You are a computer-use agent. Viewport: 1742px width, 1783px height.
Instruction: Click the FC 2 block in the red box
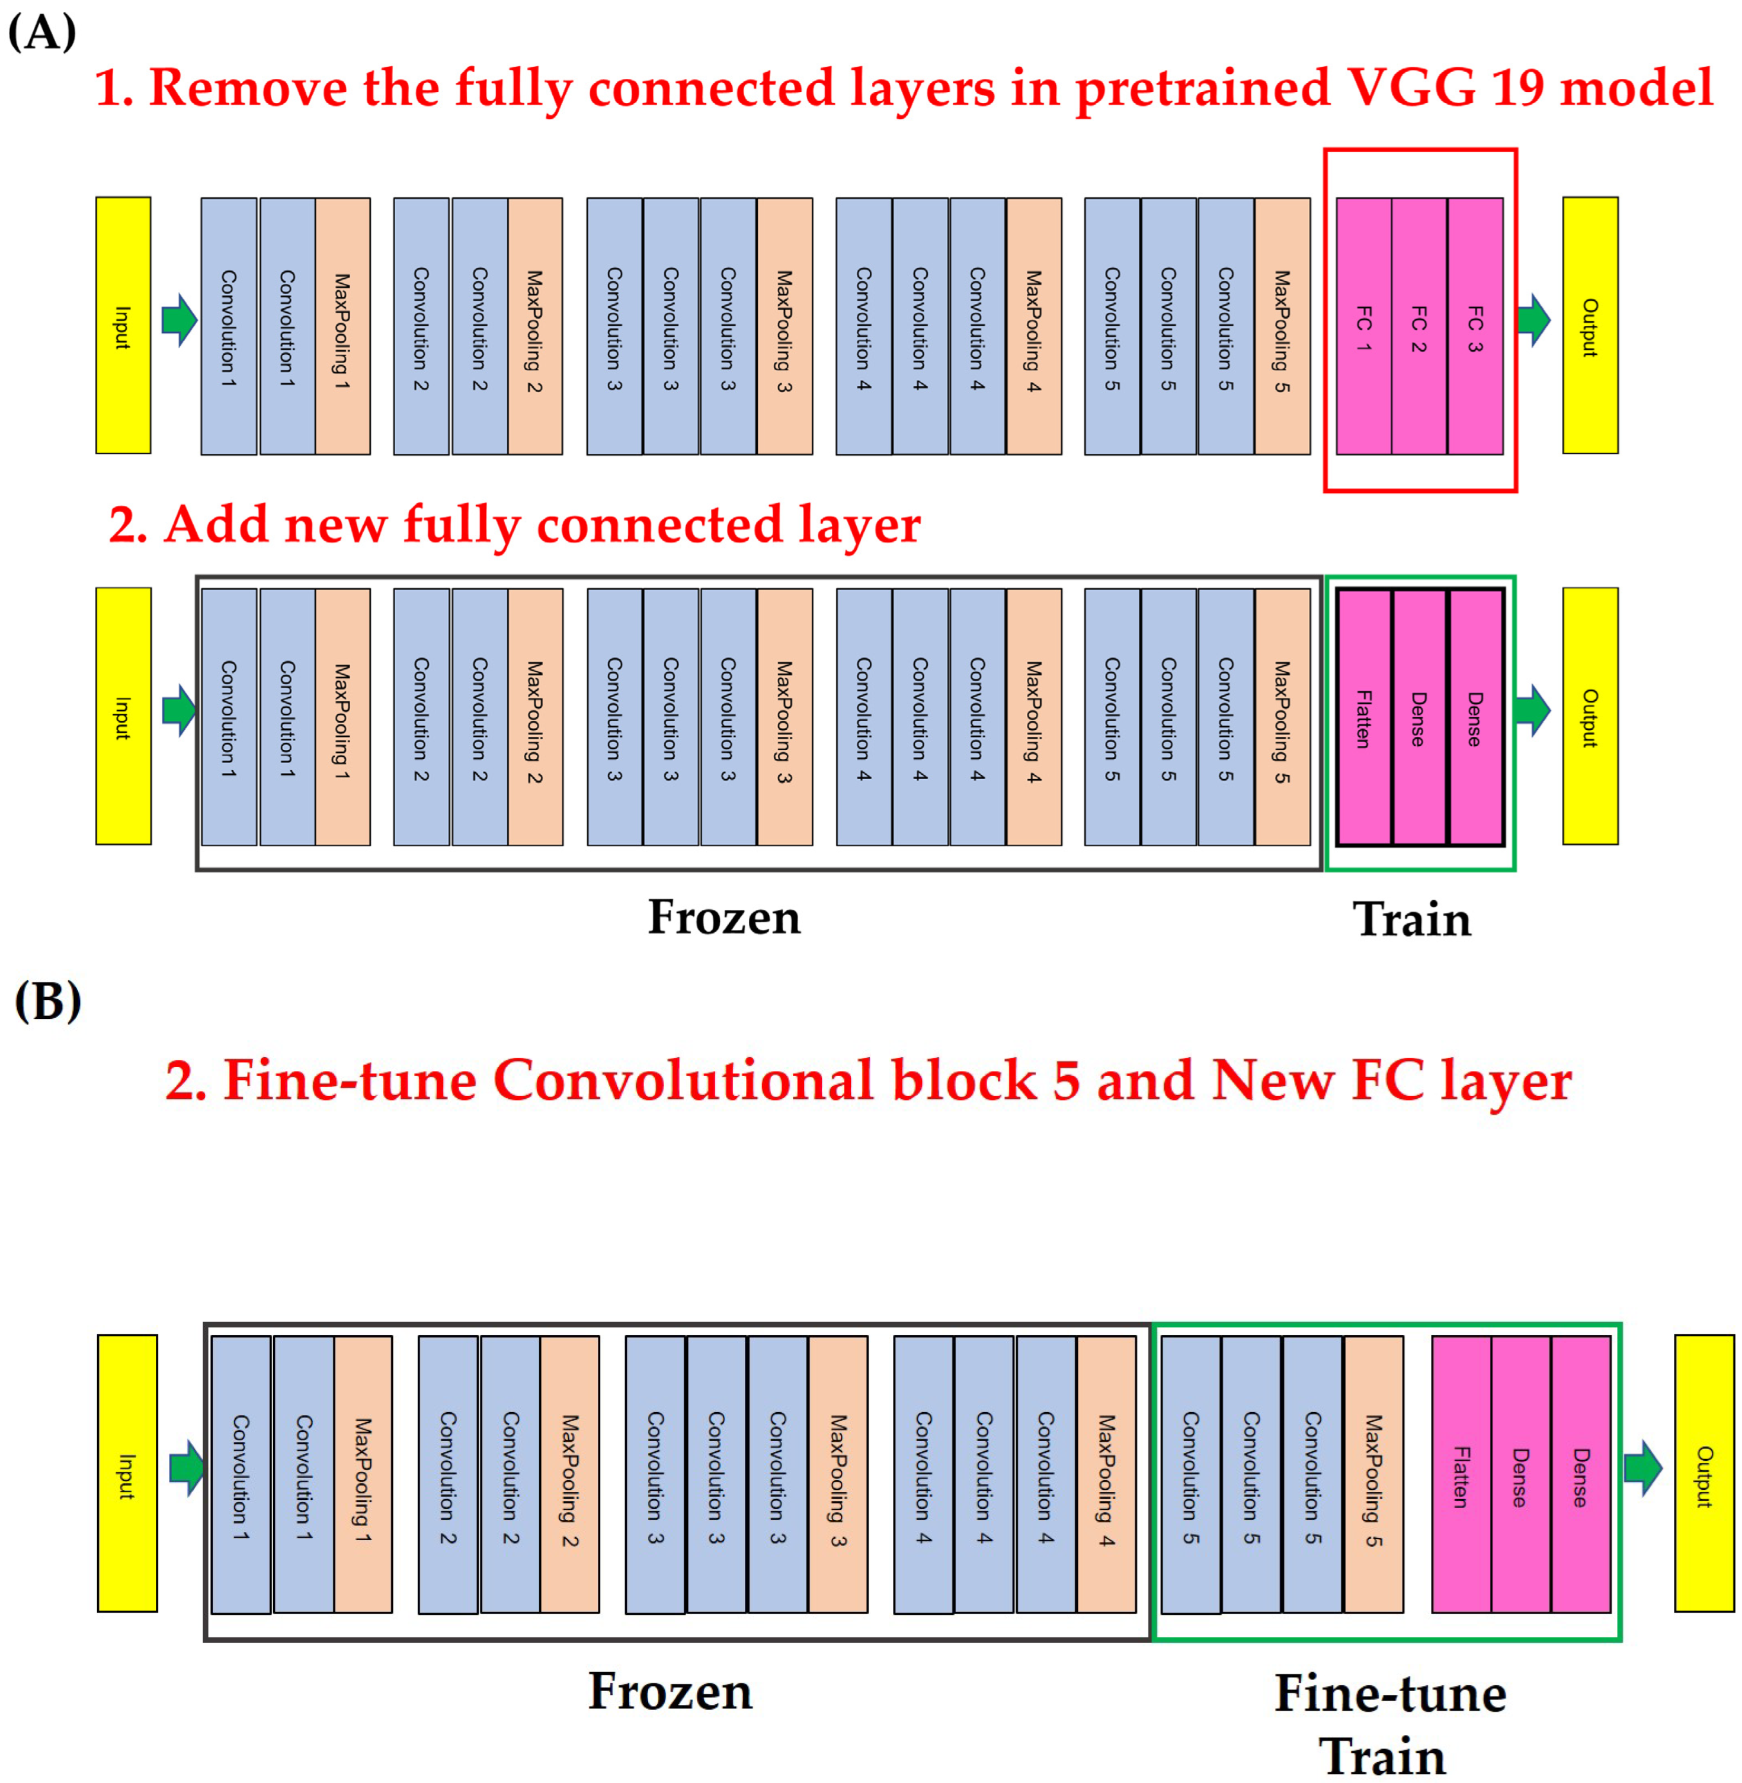[1419, 326]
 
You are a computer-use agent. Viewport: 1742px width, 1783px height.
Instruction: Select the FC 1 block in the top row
[1363, 326]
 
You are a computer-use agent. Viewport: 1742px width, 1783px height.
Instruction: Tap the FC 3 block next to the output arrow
[1475, 326]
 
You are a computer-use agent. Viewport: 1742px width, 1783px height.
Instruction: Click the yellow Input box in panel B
[127, 1473]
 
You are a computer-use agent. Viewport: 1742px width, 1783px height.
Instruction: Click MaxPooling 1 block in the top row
[342, 326]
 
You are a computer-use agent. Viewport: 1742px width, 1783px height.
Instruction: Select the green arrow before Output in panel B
[1643, 1467]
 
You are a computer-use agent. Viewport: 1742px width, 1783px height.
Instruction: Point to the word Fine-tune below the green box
[1390, 1694]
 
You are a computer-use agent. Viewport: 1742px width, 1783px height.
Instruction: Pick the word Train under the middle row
[1412, 919]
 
